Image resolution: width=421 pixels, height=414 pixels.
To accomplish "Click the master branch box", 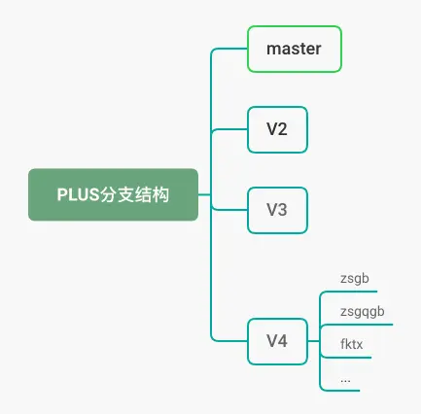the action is click(295, 49).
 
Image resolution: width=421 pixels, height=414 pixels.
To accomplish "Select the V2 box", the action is click(277, 129).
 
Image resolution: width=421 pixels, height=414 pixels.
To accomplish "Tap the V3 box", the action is click(277, 210).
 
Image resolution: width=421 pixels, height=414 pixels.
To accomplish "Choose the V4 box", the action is click(277, 341).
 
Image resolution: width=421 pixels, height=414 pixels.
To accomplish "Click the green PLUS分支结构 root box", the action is click(113, 194).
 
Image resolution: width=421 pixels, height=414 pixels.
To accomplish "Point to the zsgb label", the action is click(355, 279).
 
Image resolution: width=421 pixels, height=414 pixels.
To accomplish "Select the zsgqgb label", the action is click(363, 312).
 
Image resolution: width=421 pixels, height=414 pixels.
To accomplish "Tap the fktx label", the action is click(352, 344).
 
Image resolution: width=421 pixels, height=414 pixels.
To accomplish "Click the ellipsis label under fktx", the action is click(345, 381).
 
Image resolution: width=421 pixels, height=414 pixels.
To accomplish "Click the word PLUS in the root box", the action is click(78, 194).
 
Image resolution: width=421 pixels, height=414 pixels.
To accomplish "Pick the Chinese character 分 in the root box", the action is click(108, 194).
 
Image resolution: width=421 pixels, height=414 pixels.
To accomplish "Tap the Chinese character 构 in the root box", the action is click(160, 194).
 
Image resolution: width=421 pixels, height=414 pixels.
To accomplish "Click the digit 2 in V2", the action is click(282, 129).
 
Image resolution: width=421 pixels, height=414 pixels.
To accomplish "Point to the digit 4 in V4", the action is click(282, 341).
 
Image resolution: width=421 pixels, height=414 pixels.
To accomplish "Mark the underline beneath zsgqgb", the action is click(358, 325).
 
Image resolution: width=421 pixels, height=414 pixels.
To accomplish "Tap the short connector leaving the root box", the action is click(204, 194).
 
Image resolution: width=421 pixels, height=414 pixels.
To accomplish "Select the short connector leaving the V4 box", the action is click(313, 341).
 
